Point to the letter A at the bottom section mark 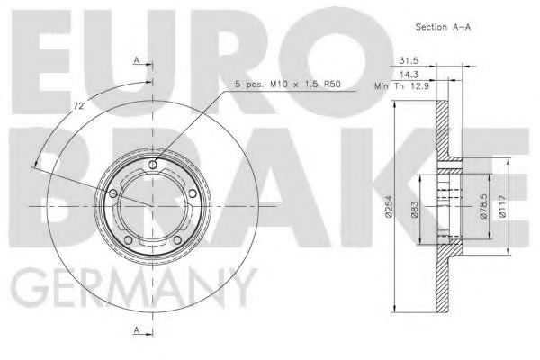(x=137, y=331)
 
